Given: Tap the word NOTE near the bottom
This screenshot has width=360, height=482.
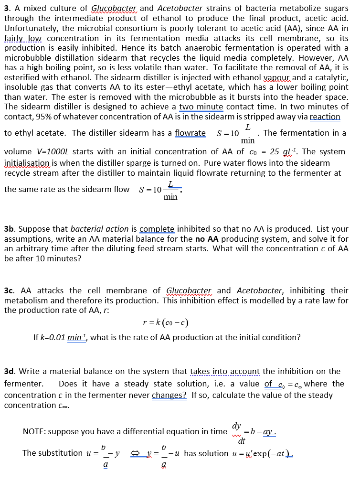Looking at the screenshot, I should (x=35, y=431).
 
